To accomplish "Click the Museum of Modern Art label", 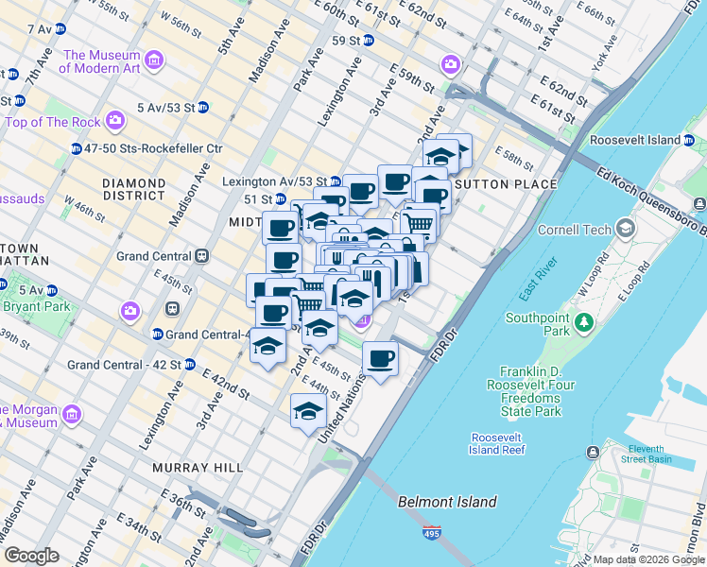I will click(102, 61).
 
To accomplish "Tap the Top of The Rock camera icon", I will click(115, 121).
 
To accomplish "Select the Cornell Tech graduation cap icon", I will click(625, 229).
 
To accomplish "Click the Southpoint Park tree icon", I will click(583, 323).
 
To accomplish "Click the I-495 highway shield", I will click(432, 533).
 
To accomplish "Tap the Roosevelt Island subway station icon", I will click(689, 140).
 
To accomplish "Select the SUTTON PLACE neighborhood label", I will click(509, 183).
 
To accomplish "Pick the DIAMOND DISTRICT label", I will click(134, 189).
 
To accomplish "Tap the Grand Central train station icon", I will click(201, 256).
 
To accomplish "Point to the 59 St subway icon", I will click(368, 41).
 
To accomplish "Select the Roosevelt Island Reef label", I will click(497, 444).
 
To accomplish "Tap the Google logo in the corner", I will click(32, 556).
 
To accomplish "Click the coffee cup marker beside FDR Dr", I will click(381, 359).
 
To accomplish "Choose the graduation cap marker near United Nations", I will click(308, 411).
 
